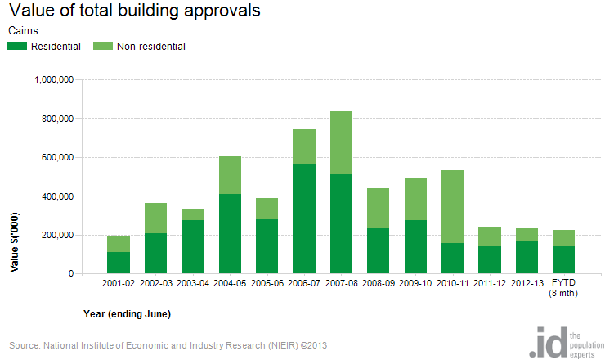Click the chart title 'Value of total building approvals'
point(134,11)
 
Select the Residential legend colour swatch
point(17,47)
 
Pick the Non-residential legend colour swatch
point(104,47)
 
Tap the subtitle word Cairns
point(22,30)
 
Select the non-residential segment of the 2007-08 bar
point(342,143)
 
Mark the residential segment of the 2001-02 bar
point(119,263)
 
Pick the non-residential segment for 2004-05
point(231,175)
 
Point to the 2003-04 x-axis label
point(193,283)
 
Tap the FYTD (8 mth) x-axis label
point(564,288)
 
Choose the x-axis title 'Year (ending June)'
point(127,313)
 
